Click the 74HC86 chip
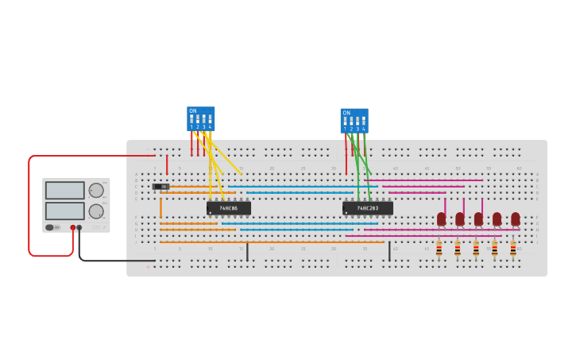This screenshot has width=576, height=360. click(229, 208)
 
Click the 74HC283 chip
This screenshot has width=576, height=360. click(367, 208)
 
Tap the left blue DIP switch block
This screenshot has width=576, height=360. click(200, 118)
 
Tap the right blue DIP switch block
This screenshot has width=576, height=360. click(354, 121)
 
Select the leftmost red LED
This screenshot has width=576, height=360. click(441, 219)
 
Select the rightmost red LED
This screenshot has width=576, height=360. click(516, 219)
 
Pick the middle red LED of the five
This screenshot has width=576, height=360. click(478, 219)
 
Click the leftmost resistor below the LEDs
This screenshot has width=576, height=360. click(439, 249)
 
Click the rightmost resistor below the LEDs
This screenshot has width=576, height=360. click(513, 249)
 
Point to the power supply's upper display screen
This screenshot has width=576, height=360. click(64, 191)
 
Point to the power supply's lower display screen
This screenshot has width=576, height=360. click(64, 211)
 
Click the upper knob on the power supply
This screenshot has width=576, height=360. click(96, 190)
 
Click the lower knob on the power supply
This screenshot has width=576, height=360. click(96, 211)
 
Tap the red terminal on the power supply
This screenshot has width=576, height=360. click(72, 227)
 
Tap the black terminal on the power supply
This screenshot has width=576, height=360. click(79, 227)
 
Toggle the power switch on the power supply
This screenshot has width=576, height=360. click(50, 227)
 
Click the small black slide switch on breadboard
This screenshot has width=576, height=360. click(160, 187)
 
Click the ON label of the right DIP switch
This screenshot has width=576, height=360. click(346, 113)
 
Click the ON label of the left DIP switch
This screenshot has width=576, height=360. click(192, 111)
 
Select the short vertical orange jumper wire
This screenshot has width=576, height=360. click(160, 207)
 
